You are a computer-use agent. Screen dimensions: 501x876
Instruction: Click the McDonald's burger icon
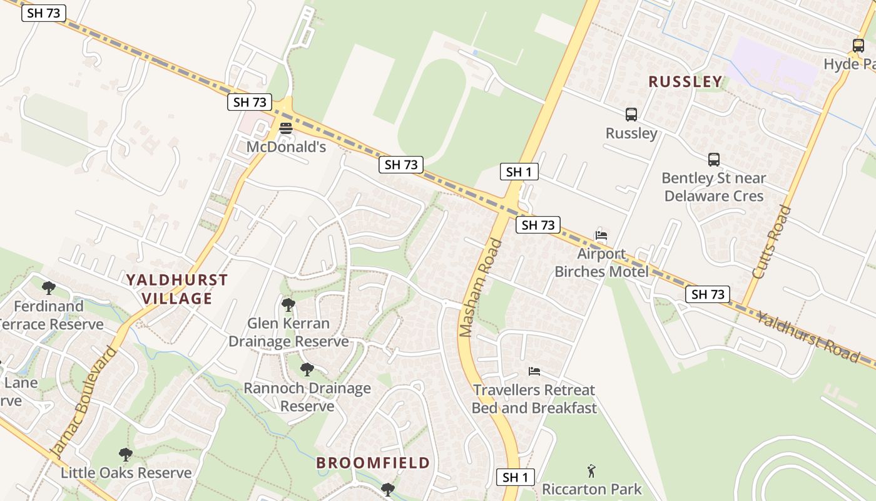286,128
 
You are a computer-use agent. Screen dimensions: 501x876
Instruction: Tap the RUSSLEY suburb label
685,81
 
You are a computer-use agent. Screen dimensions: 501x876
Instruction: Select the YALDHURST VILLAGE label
177,289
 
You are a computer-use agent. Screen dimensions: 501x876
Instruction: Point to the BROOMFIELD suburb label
373,463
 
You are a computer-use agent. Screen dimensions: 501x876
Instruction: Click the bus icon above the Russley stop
631,115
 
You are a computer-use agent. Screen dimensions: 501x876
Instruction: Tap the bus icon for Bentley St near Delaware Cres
714,160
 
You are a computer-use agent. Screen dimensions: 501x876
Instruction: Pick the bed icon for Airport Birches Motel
601,236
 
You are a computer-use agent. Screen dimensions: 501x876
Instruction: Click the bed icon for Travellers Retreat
534,371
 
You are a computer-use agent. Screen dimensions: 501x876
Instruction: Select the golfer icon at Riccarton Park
591,470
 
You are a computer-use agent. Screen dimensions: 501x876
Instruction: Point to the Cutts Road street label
772,242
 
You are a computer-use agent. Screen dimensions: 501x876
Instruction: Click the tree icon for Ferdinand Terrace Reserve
48,288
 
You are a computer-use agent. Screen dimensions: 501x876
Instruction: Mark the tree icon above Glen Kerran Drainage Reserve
288,305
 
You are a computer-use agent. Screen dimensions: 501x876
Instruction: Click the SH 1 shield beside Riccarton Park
516,477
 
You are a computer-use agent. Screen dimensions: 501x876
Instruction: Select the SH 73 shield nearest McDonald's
250,102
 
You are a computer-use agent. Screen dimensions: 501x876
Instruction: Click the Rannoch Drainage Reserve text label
307,397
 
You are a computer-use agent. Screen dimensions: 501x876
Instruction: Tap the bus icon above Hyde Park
858,46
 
